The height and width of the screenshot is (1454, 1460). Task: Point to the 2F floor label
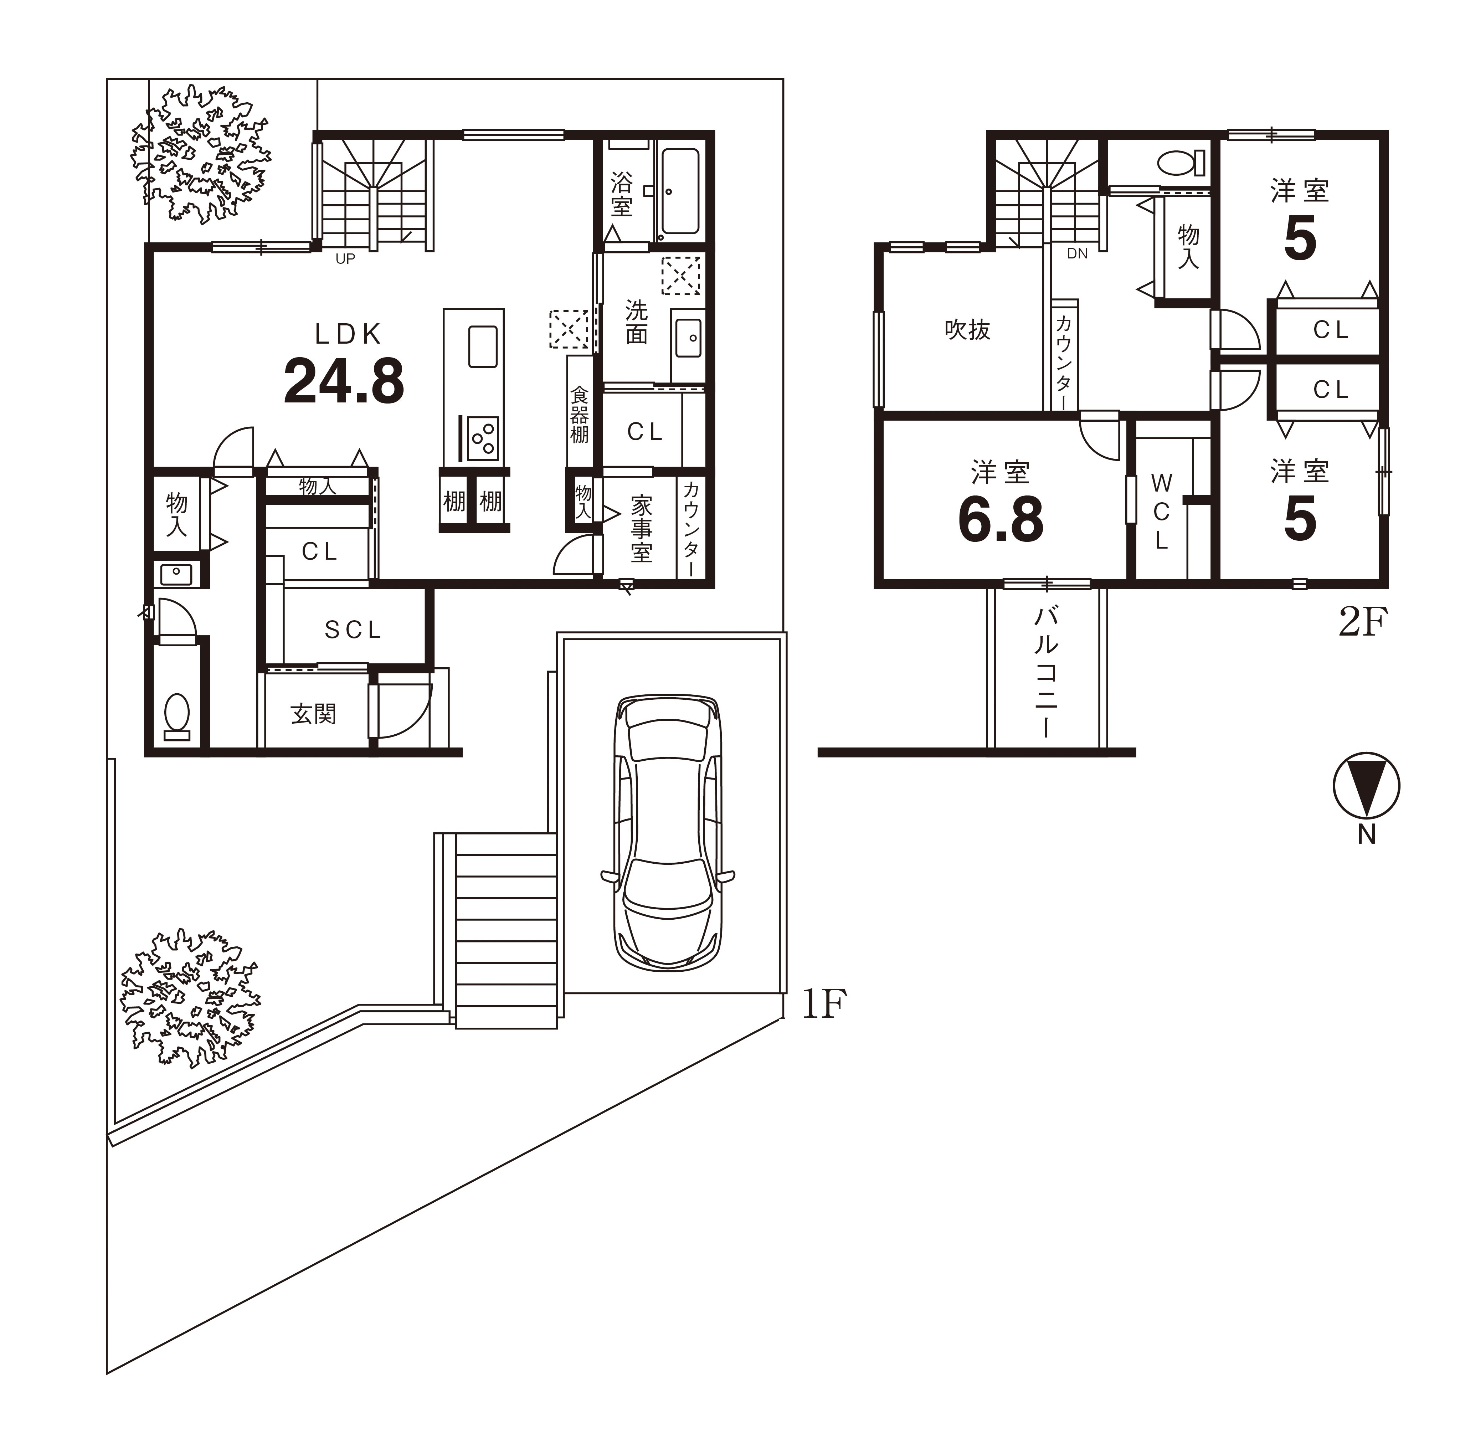pyautogui.click(x=1363, y=623)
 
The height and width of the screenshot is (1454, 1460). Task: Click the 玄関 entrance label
pyautogui.click(x=313, y=714)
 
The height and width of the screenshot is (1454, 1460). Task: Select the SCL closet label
pyautogui.click(x=353, y=630)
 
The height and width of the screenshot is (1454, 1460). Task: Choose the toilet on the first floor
pyautogui.click(x=177, y=716)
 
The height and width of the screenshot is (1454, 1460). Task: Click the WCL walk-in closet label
pyautogui.click(x=1162, y=512)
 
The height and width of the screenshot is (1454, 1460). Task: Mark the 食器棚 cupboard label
pyautogui.click(x=579, y=414)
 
